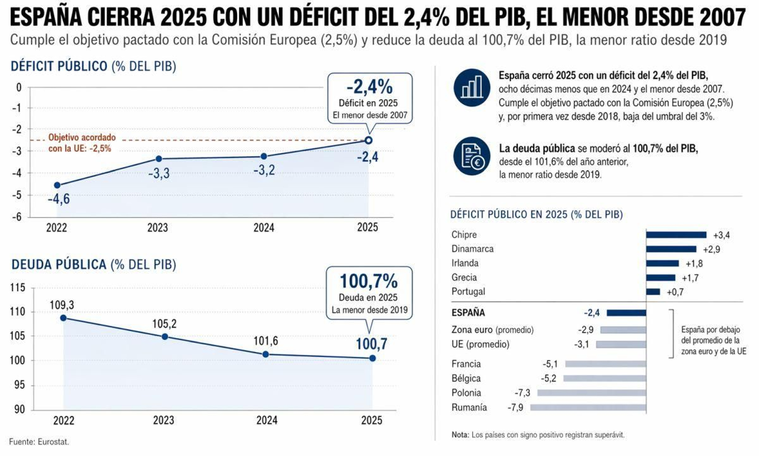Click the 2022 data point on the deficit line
(57, 185)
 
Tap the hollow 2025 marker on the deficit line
(369, 140)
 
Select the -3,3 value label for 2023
(158, 174)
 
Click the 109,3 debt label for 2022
(62, 305)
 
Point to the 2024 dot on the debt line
(266, 354)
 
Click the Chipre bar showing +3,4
(676, 235)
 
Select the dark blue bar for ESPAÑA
(626, 313)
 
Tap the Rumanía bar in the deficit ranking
(588, 408)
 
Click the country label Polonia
(466, 393)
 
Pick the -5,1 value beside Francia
(550, 364)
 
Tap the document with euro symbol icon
(472, 156)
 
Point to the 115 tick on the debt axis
(18, 287)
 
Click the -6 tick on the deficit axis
(17, 217)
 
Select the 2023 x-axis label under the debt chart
(163, 420)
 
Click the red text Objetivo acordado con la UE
(82, 143)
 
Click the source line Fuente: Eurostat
(39, 442)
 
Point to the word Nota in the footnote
(459, 435)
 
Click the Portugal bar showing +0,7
(653, 292)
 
